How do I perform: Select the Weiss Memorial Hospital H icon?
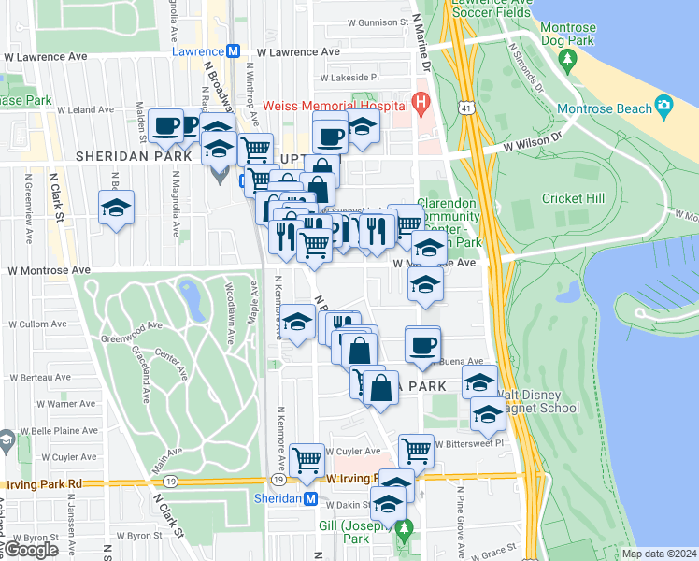tap(421, 102)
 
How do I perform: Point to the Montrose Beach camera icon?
tap(664, 104)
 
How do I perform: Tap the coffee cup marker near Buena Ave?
tap(421, 345)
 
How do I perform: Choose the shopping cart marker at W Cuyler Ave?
tap(307, 459)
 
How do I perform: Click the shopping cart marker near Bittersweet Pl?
tap(416, 451)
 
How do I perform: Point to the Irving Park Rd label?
tap(44, 484)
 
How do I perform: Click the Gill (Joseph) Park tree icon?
tap(404, 530)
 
